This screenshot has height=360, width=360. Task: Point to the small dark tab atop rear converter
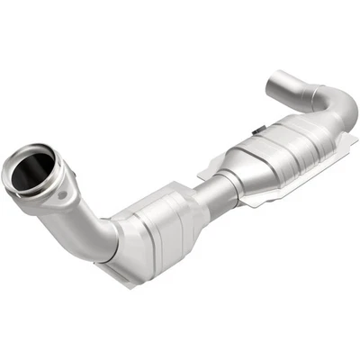257,132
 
